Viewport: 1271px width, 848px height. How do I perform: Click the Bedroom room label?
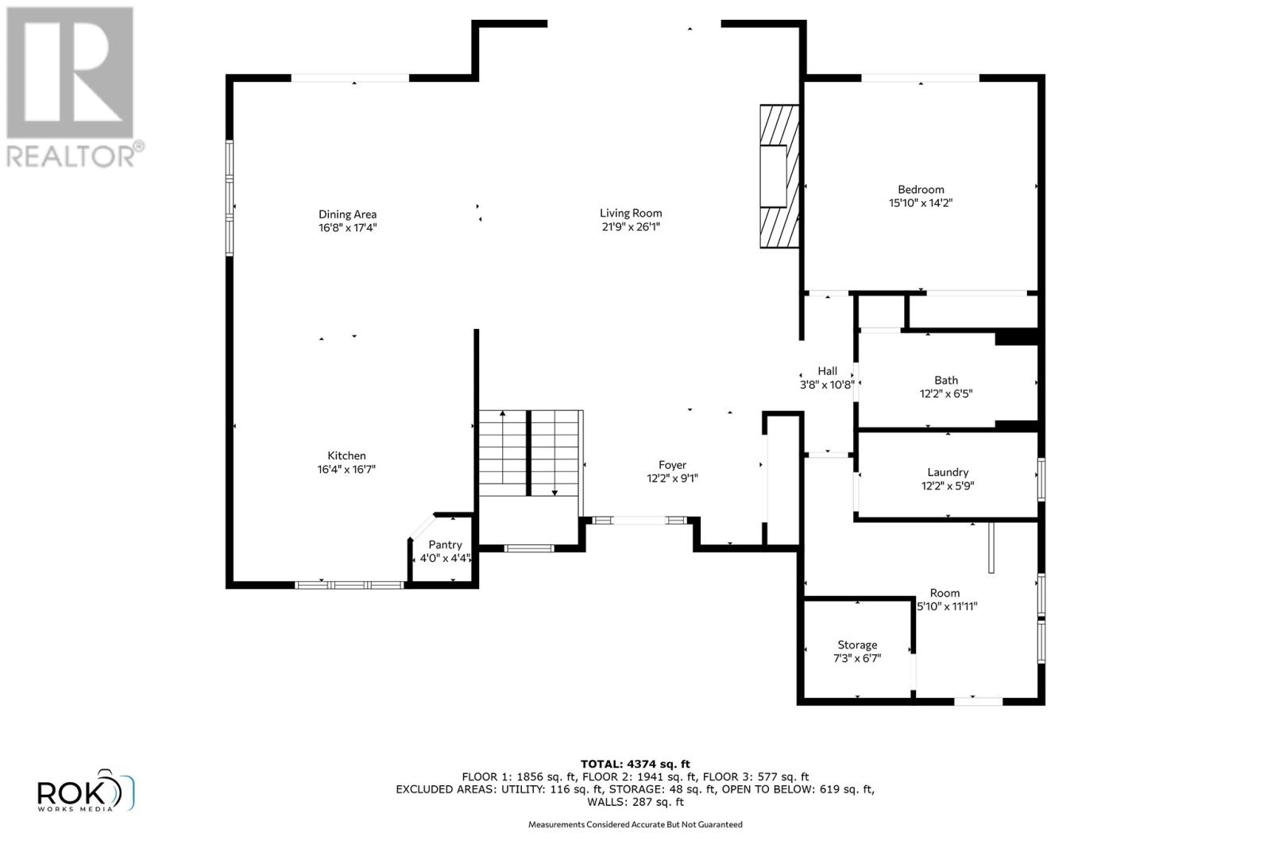(x=921, y=189)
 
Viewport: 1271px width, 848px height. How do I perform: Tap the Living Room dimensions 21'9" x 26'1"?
(x=631, y=227)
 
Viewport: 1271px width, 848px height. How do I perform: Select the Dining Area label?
(x=347, y=214)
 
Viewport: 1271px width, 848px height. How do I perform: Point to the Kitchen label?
(x=346, y=455)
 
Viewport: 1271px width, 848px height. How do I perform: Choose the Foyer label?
(x=672, y=465)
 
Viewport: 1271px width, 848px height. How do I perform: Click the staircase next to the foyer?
(x=530, y=453)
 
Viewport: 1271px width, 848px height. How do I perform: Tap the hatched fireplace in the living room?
(x=778, y=176)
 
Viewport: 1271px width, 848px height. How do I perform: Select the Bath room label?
(x=946, y=380)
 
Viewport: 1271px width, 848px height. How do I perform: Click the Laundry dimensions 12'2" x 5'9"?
(x=947, y=486)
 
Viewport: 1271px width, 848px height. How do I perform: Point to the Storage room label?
(x=857, y=645)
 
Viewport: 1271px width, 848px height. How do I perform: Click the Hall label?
(x=827, y=370)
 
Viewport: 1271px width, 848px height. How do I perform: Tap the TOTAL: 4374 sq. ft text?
(x=635, y=764)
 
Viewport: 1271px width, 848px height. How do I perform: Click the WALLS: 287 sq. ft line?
(x=635, y=802)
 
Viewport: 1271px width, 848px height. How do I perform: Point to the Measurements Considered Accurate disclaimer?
(x=635, y=824)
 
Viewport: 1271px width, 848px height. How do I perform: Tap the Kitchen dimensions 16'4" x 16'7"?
(x=346, y=469)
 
